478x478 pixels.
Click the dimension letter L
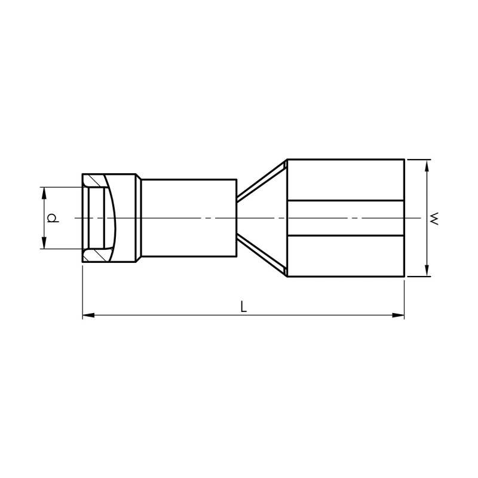[x=243, y=307]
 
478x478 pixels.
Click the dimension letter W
[x=434, y=218]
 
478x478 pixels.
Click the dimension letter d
[x=53, y=218]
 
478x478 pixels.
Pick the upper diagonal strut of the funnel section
[x=262, y=180]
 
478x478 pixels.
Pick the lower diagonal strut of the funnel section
[x=262, y=256]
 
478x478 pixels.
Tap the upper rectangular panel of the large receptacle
[x=345, y=180]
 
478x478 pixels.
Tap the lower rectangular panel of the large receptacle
[x=345, y=256]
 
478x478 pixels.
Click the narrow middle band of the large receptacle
[x=345, y=218]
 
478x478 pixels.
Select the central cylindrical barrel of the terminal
[x=189, y=218]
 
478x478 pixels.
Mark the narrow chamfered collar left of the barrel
[x=139, y=218]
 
